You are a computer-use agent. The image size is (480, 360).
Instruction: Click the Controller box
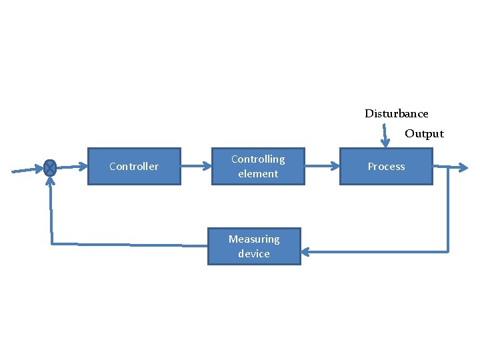[x=134, y=166]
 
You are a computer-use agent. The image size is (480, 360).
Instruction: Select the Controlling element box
[x=258, y=166]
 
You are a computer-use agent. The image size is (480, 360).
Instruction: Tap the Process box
[x=386, y=166]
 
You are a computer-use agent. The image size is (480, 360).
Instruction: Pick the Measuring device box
[x=254, y=246]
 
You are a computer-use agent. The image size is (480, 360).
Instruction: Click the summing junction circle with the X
[x=49, y=167]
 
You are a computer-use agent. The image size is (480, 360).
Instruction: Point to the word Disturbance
[x=396, y=113]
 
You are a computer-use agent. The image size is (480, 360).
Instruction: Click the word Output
[x=424, y=133]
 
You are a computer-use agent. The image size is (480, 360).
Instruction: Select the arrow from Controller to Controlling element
[x=196, y=165]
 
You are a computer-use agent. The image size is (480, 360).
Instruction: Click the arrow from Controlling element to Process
[x=322, y=166]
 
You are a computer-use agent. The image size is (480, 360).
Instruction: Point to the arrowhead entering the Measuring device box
[x=305, y=251]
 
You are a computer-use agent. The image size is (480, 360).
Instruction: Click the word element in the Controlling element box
[x=258, y=173]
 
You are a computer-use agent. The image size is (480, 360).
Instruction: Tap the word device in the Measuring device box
[x=254, y=253]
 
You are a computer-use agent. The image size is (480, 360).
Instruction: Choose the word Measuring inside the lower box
[x=254, y=239]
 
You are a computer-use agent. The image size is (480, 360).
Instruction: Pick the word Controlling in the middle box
[x=258, y=159]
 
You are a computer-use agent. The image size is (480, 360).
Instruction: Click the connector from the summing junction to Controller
[x=72, y=167]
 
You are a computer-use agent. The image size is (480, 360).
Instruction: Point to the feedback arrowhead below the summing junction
[x=49, y=183]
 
